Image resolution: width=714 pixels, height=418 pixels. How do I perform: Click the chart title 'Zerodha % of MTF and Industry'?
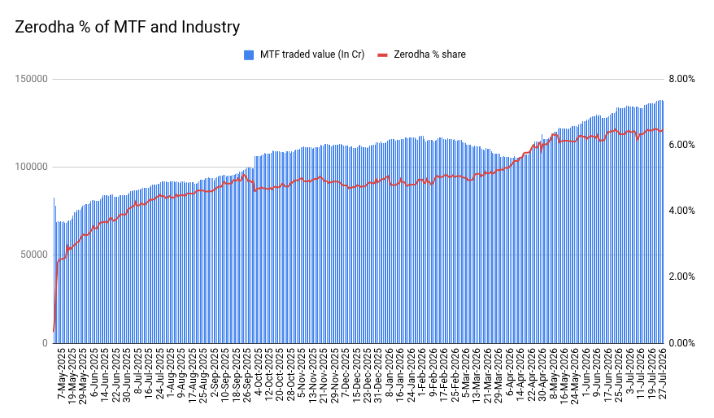pos(127,27)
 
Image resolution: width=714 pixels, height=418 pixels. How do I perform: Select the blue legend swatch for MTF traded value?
pos(249,55)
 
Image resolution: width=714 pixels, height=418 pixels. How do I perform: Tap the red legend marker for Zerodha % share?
pos(382,55)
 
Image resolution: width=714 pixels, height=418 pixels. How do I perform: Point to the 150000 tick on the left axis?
pos(32,79)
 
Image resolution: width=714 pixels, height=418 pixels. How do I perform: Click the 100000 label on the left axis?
pos(32,167)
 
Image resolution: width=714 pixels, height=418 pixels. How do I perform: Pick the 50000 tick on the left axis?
pos(34,255)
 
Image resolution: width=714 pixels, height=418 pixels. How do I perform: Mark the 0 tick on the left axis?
pos(45,343)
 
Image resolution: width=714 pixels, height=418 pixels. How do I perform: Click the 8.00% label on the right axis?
pos(681,79)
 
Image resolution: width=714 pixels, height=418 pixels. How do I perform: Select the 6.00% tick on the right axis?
pos(681,145)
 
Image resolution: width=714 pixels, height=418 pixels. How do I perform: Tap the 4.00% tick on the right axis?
pos(681,211)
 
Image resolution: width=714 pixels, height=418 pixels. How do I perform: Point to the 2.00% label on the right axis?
pos(681,276)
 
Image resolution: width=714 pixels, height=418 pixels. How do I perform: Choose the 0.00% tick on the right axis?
pos(681,343)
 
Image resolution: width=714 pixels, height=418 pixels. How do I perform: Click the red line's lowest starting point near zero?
pos(54,331)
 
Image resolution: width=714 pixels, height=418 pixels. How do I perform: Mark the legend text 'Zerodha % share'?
pos(429,54)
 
